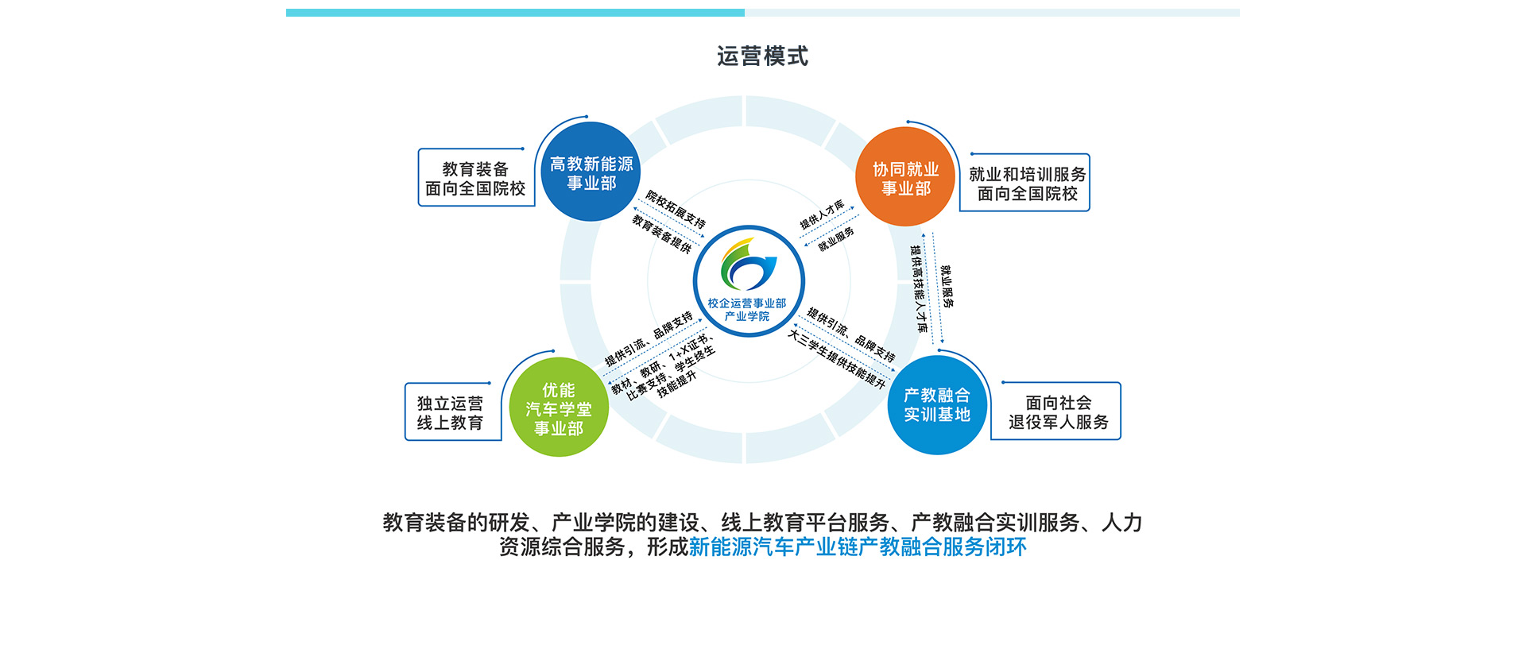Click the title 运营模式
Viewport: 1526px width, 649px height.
[x=762, y=56]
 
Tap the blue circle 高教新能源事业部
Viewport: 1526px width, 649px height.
[x=591, y=173]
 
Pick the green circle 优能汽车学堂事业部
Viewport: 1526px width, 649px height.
[x=559, y=408]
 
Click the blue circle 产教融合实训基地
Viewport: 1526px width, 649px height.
[x=937, y=405]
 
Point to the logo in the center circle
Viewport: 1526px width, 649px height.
[x=747, y=265]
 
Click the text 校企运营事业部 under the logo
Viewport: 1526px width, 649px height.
[x=747, y=303]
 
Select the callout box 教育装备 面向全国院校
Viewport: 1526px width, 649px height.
[x=475, y=179]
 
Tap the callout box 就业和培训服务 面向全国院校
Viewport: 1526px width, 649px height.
[x=1026, y=183]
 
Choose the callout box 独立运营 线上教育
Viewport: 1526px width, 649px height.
[x=451, y=412]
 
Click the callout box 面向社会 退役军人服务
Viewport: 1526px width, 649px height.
[x=1058, y=412]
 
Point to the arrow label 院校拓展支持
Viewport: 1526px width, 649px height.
[x=676, y=209]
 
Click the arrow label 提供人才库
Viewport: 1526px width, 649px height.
[x=822, y=215]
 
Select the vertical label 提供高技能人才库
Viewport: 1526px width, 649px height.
[x=919, y=288]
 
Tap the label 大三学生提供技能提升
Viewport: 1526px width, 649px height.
[x=836, y=359]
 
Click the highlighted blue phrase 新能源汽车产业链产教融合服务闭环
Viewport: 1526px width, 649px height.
[x=858, y=547]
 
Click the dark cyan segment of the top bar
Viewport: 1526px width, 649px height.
[x=515, y=13]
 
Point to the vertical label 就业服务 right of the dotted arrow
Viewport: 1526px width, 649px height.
[x=947, y=286]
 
